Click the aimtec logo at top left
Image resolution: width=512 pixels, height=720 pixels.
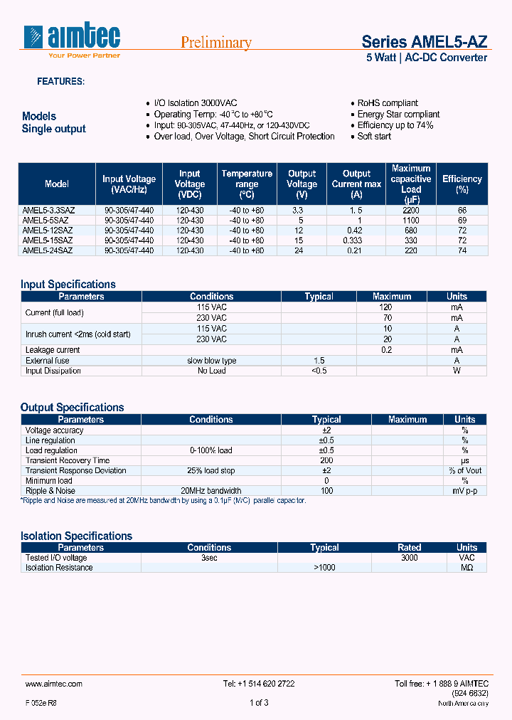click(x=72, y=40)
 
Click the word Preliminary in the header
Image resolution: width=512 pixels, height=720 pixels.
click(x=216, y=43)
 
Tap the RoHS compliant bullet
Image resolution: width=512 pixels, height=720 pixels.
click(x=388, y=103)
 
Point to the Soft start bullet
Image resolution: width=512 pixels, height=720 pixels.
click(x=374, y=137)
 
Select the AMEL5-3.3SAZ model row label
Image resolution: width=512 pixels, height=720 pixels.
click(x=48, y=211)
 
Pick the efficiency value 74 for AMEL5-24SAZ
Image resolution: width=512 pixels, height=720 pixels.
click(x=462, y=250)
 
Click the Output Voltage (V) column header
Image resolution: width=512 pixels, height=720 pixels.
click(x=302, y=184)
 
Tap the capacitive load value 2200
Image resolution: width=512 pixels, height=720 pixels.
click(x=411, y=211)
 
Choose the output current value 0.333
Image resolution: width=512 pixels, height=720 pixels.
click(x=357, y=240)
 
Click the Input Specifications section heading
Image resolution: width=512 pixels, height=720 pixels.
click(x=68, y=285)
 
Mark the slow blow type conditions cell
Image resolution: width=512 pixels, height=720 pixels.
click(x=212, y=361)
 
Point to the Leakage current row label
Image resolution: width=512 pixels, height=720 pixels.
click(x=53, y=350)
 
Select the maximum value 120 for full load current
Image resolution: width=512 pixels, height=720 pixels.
click(x=386, y=307)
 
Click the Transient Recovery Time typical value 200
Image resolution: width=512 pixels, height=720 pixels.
click(x=326, y=460)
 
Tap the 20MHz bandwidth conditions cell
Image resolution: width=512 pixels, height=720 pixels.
click(x=211, y=490)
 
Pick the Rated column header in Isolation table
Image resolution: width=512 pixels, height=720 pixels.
click(x=409, y=548)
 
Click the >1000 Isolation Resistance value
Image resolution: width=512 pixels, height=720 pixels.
click(x=324, y=568)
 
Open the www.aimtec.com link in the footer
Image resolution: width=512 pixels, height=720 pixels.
click(x=54, y=684)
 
